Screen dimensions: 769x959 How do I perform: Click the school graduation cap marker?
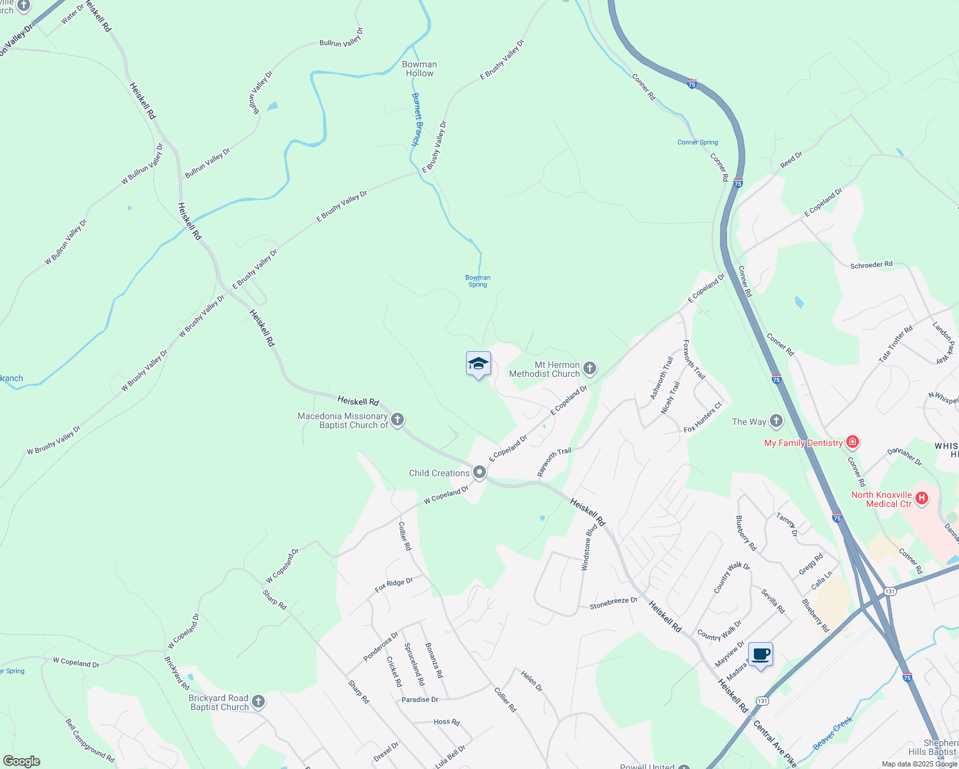(478, 364)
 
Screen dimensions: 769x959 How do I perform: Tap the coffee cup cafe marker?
(760, 655)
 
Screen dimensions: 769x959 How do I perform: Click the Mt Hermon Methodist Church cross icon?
(590, 368)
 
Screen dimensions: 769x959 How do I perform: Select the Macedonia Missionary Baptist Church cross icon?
(397, 420)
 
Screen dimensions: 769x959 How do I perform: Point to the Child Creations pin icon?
(479, 473)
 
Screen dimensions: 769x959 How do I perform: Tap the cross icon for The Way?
(776, 421)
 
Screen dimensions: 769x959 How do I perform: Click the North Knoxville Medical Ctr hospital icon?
(922, 499)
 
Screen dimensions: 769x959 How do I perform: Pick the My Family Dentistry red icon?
(852, 442)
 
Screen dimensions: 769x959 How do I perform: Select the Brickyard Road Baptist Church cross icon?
(258, 702)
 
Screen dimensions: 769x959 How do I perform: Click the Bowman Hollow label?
(419, 69)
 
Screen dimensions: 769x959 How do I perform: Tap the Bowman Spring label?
(478, 281)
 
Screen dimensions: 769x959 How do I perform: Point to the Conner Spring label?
(697, 142)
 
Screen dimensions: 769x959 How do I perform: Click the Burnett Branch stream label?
(416, 120)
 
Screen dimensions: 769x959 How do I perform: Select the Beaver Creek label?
(833, 733)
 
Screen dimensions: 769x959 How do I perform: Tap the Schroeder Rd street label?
(871, 265)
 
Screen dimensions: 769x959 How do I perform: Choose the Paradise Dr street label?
(420, 699)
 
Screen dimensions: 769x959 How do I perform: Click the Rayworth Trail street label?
(554, 462)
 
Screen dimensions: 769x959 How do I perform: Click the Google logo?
(22, 761)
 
